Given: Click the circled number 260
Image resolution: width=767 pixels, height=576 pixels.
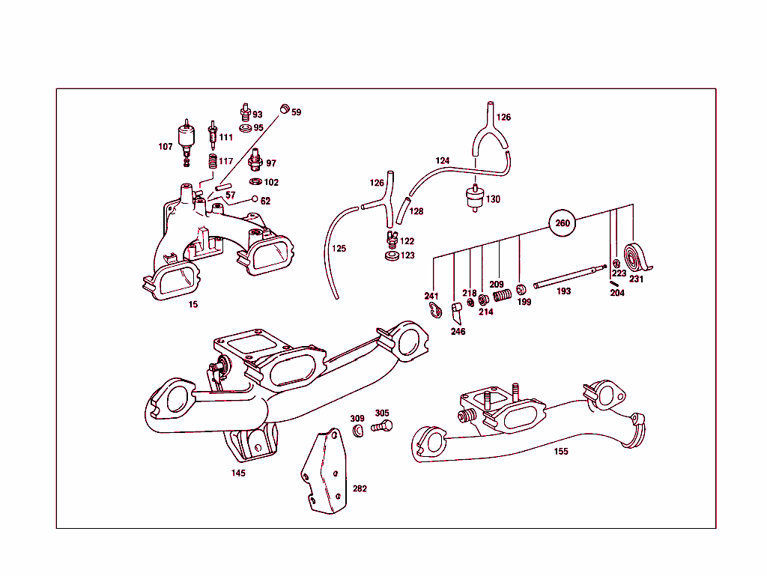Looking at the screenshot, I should [563, 223].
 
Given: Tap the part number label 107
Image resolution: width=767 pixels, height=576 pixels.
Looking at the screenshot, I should [166, 147].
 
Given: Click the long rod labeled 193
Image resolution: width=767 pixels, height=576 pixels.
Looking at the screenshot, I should [569, 275].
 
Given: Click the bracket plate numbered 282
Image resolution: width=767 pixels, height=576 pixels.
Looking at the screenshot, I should [325, 473].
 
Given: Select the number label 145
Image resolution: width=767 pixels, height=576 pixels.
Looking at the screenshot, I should [238, 473].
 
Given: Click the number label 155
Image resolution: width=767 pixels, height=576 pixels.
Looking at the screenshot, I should [561, 452].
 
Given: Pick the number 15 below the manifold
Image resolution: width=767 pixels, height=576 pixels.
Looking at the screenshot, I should [193, 305].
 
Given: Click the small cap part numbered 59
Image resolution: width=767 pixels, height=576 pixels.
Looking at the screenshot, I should [284, 110].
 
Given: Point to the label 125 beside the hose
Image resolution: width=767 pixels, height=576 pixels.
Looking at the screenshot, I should [339, 249].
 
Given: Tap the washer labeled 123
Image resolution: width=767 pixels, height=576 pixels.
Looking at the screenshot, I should [389, 257].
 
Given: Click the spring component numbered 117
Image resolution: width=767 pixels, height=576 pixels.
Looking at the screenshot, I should [211, 162].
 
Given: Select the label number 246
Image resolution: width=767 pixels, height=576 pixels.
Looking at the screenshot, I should [458, 332].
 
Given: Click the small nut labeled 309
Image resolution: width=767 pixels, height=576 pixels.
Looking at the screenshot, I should [358, 430].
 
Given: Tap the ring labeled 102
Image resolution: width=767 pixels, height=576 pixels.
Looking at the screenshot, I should [255, 182].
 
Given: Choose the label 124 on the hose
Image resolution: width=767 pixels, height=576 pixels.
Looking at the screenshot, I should [443, 161].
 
